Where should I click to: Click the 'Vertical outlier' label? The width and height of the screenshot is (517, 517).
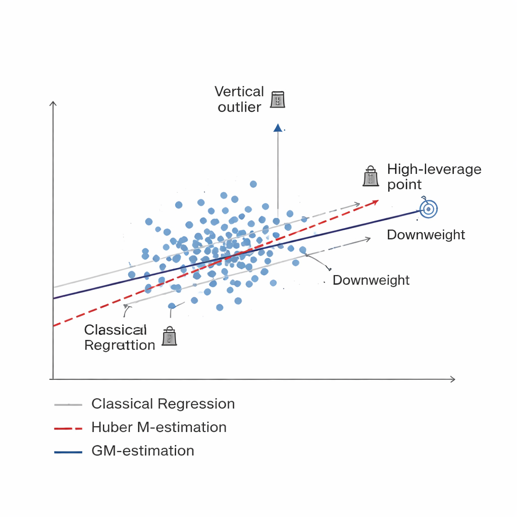239,99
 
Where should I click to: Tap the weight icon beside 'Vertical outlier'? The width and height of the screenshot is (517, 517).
277,99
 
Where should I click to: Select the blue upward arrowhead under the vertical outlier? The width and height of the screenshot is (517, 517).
278,128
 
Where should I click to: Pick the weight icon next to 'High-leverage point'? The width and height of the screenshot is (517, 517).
371,177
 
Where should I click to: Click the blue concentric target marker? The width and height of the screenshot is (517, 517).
428,209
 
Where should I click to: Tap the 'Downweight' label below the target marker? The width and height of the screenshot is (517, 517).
426,235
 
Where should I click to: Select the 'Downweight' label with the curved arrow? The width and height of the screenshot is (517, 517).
371,280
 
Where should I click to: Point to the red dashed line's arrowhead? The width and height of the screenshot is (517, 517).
376,202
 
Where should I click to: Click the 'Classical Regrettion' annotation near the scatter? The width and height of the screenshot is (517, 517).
119,337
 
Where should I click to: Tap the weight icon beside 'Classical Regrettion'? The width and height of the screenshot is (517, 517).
169,336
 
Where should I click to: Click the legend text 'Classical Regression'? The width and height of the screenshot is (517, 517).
163,404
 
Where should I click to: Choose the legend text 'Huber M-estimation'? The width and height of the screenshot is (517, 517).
159,427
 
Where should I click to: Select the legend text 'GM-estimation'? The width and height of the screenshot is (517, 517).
142,451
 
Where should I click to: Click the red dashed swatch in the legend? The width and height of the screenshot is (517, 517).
68,429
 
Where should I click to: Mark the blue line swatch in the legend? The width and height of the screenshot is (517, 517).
68,452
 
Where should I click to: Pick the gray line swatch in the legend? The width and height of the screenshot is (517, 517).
68,405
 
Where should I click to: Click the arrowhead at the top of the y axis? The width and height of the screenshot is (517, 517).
53,103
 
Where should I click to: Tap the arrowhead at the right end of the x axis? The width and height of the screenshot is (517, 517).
453,379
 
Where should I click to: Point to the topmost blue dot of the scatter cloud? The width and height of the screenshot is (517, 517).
253,184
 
